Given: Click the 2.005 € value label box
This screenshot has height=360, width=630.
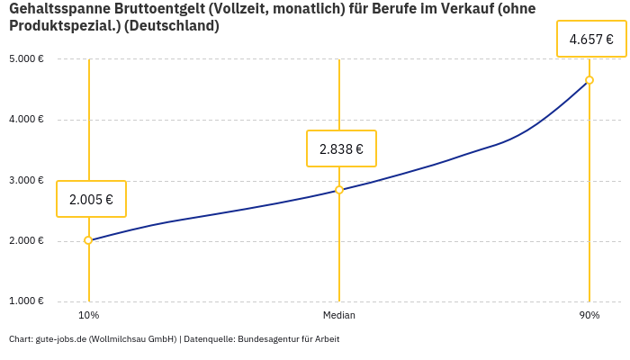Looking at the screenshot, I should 91,199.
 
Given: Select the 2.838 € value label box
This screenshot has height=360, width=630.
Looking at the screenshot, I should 341,148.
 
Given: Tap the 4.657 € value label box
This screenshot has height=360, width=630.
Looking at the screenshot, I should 591,39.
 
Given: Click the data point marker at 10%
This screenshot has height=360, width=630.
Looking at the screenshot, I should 88,240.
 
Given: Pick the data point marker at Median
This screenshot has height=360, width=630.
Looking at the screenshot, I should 339,190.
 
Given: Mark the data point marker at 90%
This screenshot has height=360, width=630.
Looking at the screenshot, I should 589,80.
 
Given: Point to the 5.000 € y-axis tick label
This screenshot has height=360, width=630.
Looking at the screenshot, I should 26,59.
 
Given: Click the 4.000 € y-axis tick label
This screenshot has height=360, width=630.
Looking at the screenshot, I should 26,120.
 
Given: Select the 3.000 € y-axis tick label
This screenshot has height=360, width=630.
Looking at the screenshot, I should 26,180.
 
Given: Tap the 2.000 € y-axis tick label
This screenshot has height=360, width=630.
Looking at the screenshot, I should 26,240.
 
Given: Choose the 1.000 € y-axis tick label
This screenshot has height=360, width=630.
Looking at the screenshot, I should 26,301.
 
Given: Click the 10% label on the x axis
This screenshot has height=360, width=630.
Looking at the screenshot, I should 88,315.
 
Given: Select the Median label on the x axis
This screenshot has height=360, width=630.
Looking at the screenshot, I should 339,315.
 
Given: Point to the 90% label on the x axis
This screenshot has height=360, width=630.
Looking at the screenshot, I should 589,315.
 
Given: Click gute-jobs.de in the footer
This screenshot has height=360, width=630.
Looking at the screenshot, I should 60,339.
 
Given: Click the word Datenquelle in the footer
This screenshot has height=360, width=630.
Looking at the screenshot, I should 208,339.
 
